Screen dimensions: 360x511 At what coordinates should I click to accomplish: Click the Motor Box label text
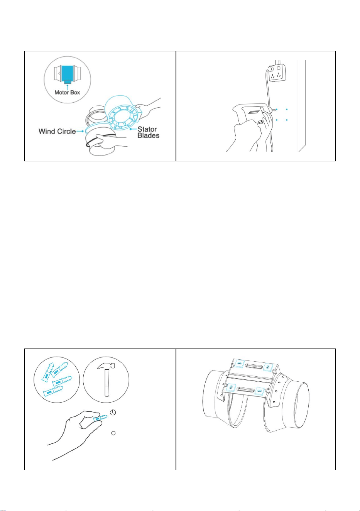pyautogui.click(x=67, y=92)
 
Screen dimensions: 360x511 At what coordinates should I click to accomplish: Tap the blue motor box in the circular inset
pyautogui.click(x=67, y=73)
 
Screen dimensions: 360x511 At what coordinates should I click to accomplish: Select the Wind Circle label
pyautogui.click(x=57, y=131)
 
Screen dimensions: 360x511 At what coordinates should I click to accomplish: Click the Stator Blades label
pyautogui.click(x=148, y=132)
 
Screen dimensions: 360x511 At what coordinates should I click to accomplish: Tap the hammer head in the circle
pyautogui.click(x=106, y=365)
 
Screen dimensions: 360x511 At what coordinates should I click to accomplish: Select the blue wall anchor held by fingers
pyautogui.click(x=100, y=418)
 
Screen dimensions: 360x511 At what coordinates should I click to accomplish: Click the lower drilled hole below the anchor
pyautogui.click(x=113, y=433)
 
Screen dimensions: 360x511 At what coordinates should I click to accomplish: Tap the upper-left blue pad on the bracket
pyautogui.click(x=240, y=364)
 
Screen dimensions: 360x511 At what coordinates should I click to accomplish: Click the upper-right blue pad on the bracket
pyautogui.click(x=268, y=367)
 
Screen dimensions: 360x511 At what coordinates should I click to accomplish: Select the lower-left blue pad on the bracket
pyautogui.click(x=232, y=387)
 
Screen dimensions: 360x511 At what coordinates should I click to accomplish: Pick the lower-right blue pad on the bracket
pyautogui.click(x=260, y=391)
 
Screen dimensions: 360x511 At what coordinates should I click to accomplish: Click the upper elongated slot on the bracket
pyautogui.click(x=254, y=365)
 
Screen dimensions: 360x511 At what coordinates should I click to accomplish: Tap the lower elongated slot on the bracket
pyautogui.click(x=245, y=389)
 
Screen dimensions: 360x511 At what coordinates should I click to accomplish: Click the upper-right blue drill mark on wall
pyautogui.click(x=287, y=110)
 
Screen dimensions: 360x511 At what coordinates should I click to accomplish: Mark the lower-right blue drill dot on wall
pyautogui.click(x=287, y=120)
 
